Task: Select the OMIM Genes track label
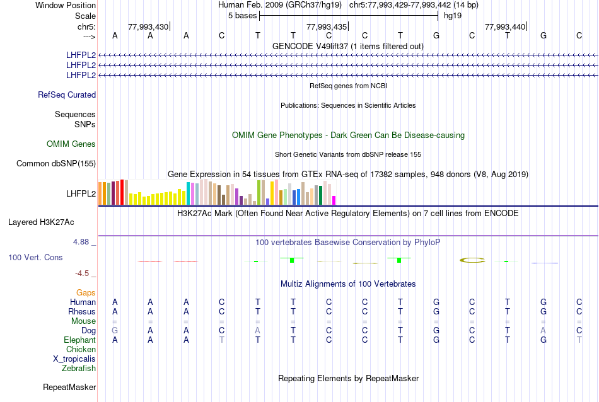point(71,144)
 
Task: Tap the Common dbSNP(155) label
point(56,164)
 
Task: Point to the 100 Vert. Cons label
point(35,258)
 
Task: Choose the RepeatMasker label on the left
point(69,387)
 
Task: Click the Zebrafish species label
point(79,369)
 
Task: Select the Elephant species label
point(79,340)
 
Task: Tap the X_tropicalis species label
point(74,359)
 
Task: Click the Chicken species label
point(81,350)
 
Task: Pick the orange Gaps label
point(86,293)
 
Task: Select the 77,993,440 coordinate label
point(505,26)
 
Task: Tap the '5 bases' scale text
point(242,15)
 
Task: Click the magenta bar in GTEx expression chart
point(334,200)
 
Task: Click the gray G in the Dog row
point(115,331)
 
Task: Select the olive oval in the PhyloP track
point(472,260)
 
